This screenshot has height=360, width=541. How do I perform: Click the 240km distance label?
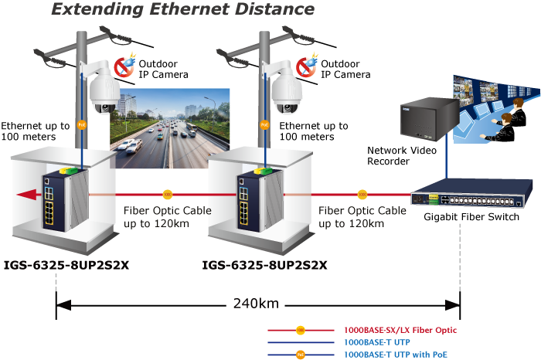pos(256,303)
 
